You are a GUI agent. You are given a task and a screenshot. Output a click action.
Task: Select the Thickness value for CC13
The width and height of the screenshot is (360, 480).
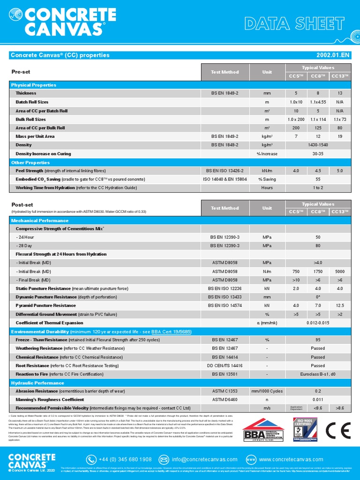(340, 93)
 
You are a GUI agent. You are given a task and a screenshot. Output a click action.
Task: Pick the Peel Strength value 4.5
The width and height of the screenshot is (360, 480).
(318, 171)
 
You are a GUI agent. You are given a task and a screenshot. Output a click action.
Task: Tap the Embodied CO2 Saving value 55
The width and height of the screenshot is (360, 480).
(318, 179)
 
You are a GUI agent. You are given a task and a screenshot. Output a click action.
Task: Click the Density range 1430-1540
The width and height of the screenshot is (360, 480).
(318, 145)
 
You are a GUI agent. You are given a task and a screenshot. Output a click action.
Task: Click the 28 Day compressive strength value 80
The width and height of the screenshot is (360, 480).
(318, 245)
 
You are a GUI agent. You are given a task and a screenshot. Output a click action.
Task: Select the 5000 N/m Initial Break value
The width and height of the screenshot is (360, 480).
(340, 271)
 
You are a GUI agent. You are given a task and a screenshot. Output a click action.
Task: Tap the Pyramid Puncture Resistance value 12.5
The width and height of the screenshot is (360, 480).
(340, 305)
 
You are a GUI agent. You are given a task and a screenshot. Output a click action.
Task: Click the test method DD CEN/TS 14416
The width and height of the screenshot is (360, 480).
(225, 366)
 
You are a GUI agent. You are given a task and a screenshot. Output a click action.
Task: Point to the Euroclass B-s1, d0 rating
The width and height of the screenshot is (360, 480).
(318, 374)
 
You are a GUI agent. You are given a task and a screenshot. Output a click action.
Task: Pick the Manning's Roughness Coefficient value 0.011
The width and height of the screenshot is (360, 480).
(318, 399)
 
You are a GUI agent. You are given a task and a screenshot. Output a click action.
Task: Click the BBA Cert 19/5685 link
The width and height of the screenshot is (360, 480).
(171, 331)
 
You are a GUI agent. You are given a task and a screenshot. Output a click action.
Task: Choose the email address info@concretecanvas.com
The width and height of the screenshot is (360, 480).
(205, 459)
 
